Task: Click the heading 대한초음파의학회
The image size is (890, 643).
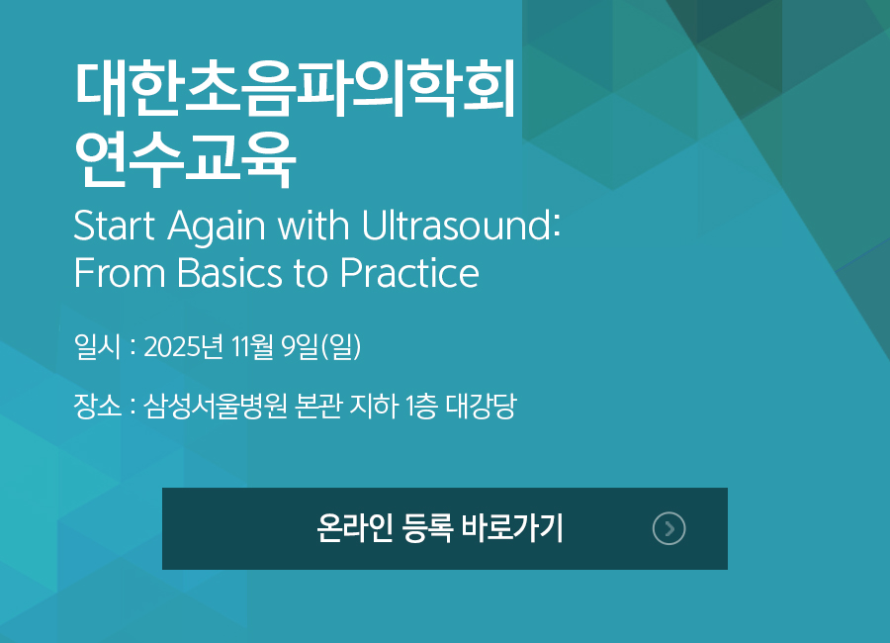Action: [x=295, y=89]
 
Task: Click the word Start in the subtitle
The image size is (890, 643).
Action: [x=115, y=226]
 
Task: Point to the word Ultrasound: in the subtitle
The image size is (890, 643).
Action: [x=461, y=225]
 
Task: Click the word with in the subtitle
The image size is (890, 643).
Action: [x=313, y=225]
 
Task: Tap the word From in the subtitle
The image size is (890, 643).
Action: [x=120, y=273]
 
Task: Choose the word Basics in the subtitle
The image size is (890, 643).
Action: [x=229, y=273]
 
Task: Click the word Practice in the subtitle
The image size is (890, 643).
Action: [x=409, y=273]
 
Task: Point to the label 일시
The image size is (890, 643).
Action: [x=98, y=346]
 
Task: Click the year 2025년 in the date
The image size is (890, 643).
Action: [x=183, y=346]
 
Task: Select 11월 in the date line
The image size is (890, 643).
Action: [x=252, y=346]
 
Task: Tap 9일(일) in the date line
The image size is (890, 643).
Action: [x=321, y=346]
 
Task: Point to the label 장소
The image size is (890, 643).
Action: [x=98, y=406]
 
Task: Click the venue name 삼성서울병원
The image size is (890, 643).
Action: [x=216, y=406]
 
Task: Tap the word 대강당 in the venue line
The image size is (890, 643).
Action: [x=482, y=406]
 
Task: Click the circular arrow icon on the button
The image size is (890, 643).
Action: [x=669, y=529]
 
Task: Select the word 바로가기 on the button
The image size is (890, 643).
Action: [x=511, y=528]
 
